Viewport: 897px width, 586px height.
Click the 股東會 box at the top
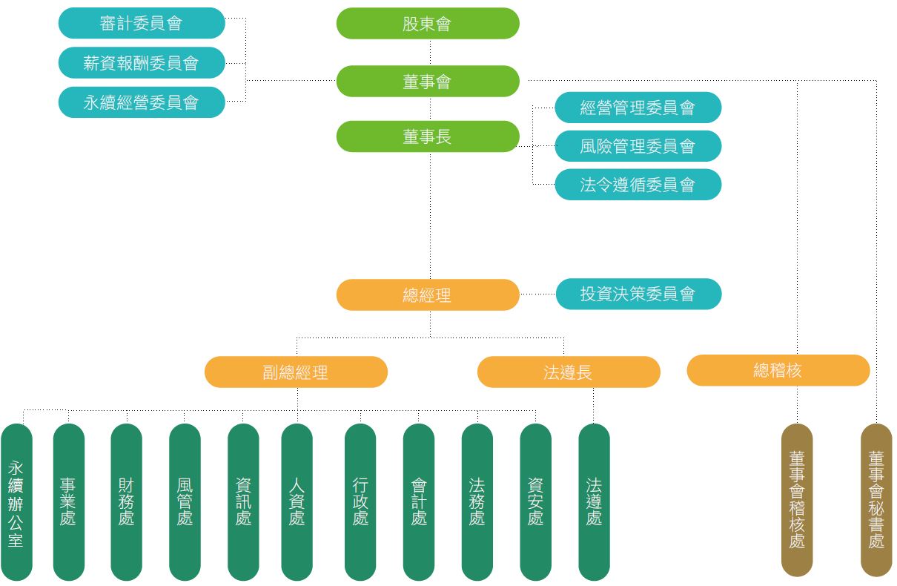coord(428,24)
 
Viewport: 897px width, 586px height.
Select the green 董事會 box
coord(428,82)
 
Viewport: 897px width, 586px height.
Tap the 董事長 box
coord(428,137)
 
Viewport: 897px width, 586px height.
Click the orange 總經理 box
coord(428,295)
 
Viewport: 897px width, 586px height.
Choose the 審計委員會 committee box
coord(141,24)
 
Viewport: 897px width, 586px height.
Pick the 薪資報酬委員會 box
coord(141,63)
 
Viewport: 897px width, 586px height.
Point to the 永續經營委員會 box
coord(141,102)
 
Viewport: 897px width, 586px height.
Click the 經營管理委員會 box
coord(638,108)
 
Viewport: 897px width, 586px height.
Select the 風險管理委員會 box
coord(638,146)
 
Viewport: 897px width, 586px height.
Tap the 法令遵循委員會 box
coord(638,185)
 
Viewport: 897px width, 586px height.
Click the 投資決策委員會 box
coord(638,294)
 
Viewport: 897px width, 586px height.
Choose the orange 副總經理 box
coord(296,372)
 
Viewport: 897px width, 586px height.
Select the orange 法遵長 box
coord(569,372)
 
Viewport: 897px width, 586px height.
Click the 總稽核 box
coord(778,370)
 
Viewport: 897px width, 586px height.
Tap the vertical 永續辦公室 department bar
coord(16,502)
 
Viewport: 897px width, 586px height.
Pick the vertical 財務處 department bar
coord(126,502)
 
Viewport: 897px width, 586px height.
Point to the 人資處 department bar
coord(297,502)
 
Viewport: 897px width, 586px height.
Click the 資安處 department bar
coord(535,502)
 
